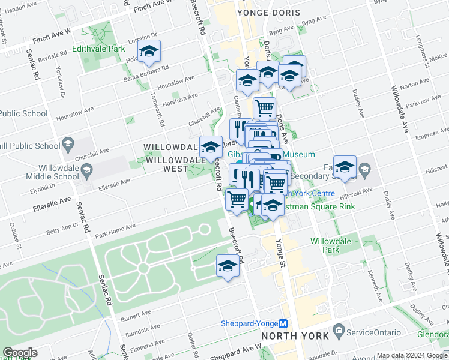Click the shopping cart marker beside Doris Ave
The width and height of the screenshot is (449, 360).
(x=264, y=109)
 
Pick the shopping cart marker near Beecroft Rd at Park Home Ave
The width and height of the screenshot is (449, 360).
(x=237, y=199)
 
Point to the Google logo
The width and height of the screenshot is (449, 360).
(x=20, y=353)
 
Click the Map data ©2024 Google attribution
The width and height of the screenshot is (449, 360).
(x=412, y=355)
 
